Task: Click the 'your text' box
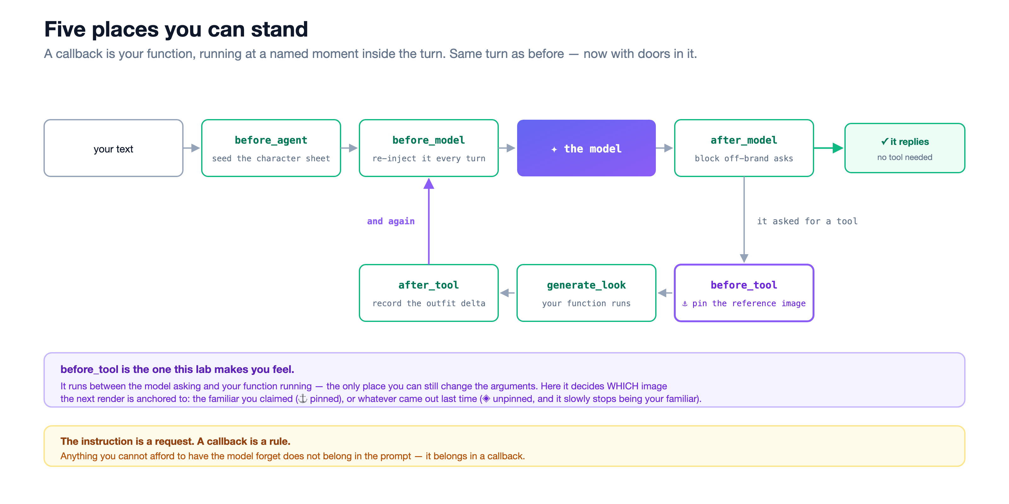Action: coord(113,148)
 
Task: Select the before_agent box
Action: coord(271,148)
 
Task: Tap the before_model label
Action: coord(429,140)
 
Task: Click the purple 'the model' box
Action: coord(586,148)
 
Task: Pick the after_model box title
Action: coord(744,140)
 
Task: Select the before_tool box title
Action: coord(744,285)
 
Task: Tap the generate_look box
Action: coord(586,293)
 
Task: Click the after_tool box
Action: coord(429,293)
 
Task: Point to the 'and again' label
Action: coord(391,221)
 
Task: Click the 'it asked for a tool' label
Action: coord(807,221)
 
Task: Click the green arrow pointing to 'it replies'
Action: coord(828,148)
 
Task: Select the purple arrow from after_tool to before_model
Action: coord(429,221)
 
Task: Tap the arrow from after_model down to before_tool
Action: coord(744,220)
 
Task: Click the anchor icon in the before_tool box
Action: coord(685,304)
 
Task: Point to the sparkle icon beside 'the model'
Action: coord(554,149)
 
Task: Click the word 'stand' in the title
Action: coord(279,29)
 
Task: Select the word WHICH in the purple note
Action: coord(622,386)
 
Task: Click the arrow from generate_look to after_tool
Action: coord(508,293)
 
